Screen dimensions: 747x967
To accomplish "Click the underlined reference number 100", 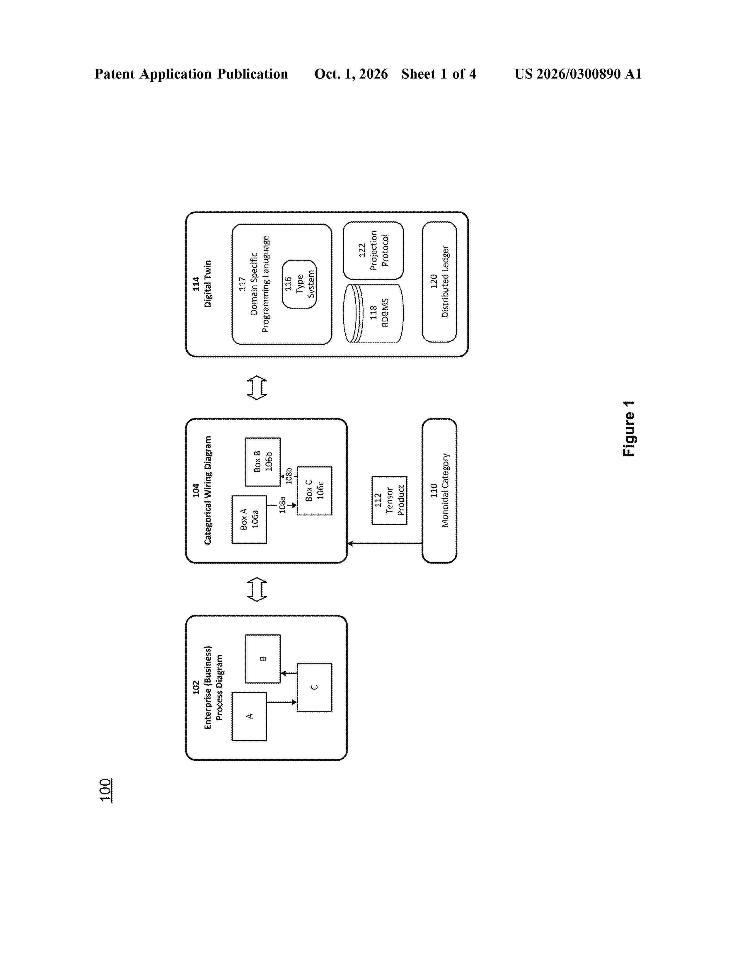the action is pyautogui.click(x=106, y=790).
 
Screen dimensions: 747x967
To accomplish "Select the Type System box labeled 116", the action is pyautogui.click(x=299, y=284).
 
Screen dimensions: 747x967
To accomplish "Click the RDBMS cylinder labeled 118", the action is pyautogui.click(x=373, y=313).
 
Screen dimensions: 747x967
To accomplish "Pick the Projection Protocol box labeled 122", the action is pyautogui.click(x=373, y=251).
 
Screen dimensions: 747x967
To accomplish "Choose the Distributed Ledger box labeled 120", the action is pyautogui.click(x=439, y=282).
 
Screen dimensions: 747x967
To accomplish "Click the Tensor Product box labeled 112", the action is pyautogui.click(x=389, y=500).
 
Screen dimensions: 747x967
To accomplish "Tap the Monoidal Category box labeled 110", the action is pyautogui.click(x=439, y=491).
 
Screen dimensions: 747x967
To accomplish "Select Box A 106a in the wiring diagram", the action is pyautogui.click(x=249, y=519).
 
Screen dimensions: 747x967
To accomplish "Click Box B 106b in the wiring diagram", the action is pyautogui.click(x=263, y=462).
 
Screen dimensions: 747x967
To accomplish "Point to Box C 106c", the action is pyautogui.click(x=314, y=491).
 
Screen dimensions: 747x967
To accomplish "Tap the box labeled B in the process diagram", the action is pyautogui.click(x=263, y=659).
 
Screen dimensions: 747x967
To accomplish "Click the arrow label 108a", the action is pyautogui.click(x=282, y=505).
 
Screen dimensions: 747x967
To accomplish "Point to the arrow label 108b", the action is pyautogui.click(x=289, y=476).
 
